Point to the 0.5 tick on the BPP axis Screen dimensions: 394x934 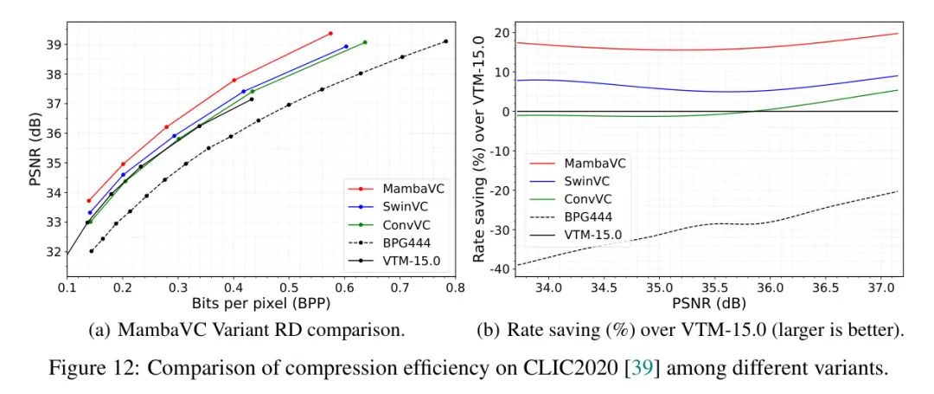[x=289, y=287]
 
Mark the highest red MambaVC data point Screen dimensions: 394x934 [x=330, y=34]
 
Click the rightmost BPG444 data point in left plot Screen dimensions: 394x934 [x=445, y=42]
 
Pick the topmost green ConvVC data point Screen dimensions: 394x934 [x=365, y=42]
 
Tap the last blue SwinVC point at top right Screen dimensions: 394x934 [x=346, y=47]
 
